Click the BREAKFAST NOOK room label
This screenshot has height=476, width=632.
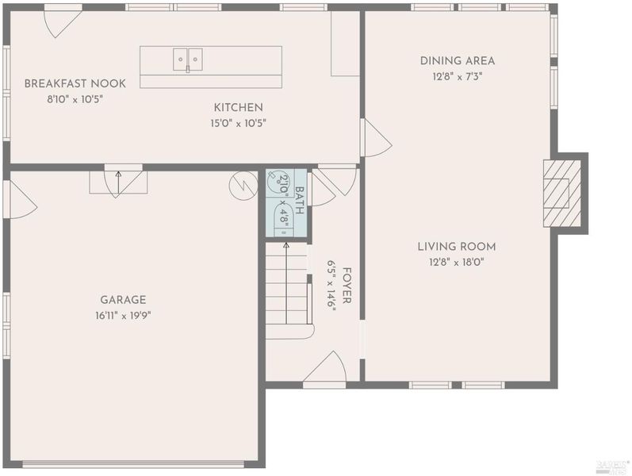75,83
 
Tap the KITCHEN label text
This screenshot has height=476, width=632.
238,107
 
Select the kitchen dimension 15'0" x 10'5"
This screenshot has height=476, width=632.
238,123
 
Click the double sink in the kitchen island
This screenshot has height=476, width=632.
188,59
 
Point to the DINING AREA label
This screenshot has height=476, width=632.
458,61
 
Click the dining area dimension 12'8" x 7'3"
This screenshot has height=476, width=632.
458,76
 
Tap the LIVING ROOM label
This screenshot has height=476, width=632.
457,247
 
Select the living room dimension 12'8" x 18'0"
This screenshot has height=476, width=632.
457,263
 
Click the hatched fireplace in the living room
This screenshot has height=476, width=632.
562,193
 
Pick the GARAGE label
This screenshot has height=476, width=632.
123,300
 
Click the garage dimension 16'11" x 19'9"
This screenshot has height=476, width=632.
123,316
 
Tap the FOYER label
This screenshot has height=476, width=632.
347,285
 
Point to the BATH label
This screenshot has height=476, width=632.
300,201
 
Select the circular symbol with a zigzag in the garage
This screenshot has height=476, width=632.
243,186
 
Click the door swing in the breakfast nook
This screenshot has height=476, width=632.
63,23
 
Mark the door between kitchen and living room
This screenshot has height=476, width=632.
377,137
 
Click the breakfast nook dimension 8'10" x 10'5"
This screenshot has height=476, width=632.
75,99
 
